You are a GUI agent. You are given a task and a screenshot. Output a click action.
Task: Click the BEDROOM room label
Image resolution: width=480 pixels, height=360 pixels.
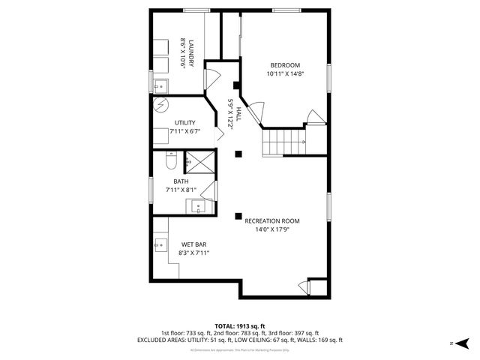tap(285, 64)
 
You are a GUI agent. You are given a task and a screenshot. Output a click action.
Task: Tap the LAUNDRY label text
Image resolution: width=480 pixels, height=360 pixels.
tap(192, 53)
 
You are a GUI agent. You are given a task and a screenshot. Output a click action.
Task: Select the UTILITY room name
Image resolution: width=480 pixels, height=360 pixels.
tap(185, 122)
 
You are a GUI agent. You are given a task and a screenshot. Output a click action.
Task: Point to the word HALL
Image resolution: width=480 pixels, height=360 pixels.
tap(238, 114)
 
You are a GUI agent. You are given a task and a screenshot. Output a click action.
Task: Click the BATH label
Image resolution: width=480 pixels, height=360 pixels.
tap(181, 181)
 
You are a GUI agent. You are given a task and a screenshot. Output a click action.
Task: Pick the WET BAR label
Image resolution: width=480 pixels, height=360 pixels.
tap(193, 244)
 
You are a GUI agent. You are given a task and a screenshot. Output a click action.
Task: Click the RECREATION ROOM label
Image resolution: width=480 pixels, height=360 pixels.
tap(271, 220)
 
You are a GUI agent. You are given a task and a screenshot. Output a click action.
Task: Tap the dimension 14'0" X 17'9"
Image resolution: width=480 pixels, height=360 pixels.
tap(271, 230)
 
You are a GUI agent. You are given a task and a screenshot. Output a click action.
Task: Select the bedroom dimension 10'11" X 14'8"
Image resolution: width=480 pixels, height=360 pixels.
tap(285, 74)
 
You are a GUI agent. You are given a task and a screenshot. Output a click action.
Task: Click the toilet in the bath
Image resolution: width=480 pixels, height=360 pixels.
tap(170, 162)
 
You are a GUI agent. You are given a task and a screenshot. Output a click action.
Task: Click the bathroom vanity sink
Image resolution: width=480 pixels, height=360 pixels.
tap(199, 205)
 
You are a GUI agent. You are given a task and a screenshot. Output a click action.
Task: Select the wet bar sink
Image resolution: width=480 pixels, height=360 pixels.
tap(160, 244)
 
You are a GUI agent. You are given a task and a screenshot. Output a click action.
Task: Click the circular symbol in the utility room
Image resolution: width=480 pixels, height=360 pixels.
tap(162, 106)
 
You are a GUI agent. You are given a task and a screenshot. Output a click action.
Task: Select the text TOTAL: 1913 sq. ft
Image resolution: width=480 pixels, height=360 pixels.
tap(239, 326)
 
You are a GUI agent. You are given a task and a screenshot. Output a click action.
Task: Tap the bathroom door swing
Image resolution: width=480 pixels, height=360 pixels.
tap(209, 190)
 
